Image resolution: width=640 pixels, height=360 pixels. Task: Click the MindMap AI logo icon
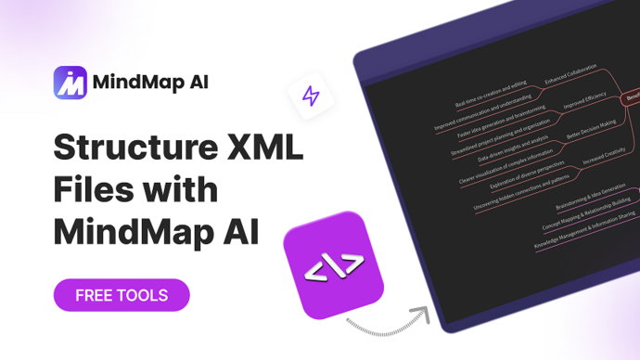pyautogui.click(x=70, y=81)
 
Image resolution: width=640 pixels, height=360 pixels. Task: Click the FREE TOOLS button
pyautogui.click(x=122, y=295)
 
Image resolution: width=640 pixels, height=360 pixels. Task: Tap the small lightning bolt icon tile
pyautogui.click(x=311, y=96)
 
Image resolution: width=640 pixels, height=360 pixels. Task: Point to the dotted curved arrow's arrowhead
pyautogui.click(x=425, y=312)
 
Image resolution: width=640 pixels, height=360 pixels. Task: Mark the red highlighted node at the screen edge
pyautogui.click(x=632, y=96)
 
